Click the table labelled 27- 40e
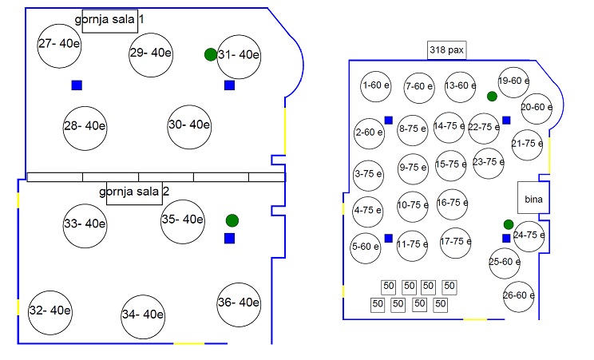pyautogui.click(x=59, y=44)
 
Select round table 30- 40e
pyautogui.click(x=189, y=125)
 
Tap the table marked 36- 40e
pyautogui.click(x=239, y=303)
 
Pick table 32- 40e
pyautogui.click(x=49, y=311)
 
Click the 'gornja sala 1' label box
pyautogui.click(x=109, y=19)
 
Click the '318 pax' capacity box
pyautogui.click(x=446, y=50)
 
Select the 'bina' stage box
pyautogui.click(x=531, y=197)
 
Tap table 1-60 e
pyautogui.click(x=374, y=85)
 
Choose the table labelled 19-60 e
pyautogui.click(x=513, y=81)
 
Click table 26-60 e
pyautogui.click(x=518, y=296)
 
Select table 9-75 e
pyautogui.click(x=413, y=168)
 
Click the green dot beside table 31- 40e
pyautogui.click(x=210, y=54)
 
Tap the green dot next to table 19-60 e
pyautogui.click(x=492, y=97)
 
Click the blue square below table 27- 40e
pyautogui.click(x=77, y=85)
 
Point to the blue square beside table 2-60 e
pyautogui.click(x=388, y=121)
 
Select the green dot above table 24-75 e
pyautogui.click(x=508, y=224)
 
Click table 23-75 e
pyautogui.click(x=489, y=162)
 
